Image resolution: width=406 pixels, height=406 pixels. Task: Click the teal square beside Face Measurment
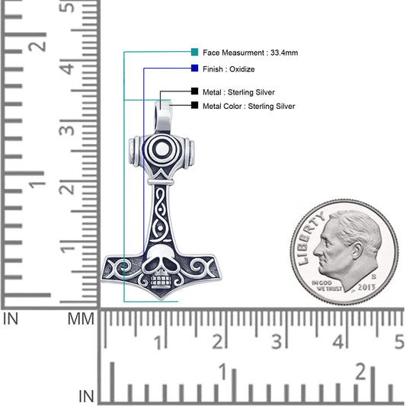(195, 53)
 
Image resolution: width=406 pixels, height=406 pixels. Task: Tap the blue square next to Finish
(195, 69)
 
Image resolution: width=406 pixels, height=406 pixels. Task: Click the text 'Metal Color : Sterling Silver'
(248, 107)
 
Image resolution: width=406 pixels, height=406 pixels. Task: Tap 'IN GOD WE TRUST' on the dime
(325, 286)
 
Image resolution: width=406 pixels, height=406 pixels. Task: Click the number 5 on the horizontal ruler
(398, 340)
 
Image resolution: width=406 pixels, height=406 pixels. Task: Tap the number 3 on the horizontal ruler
(278, 340)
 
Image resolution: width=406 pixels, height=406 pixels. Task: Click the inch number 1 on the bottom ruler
(222, 373)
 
